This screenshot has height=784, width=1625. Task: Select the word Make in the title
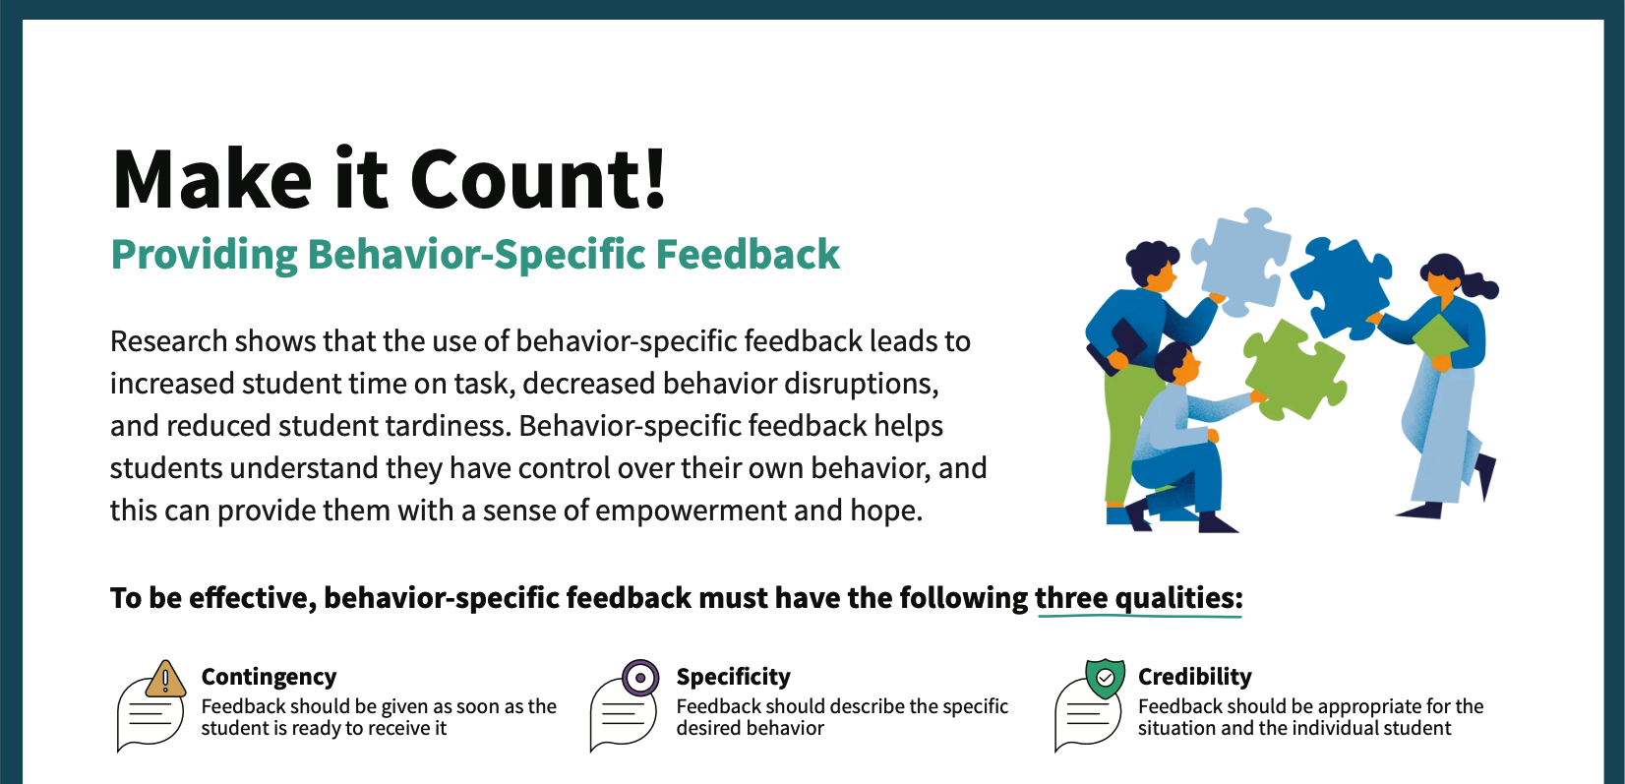point(212,179)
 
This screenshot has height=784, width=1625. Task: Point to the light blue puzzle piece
point(1239,261)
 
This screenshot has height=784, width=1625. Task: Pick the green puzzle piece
point(1294,370)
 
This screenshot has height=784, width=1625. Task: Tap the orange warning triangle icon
point(165,679)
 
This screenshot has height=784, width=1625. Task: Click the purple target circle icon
point(640,678)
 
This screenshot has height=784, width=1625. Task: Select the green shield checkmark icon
point(1105,678)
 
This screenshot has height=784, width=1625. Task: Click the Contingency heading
point(270,677)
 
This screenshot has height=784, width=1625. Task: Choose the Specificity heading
point(734,677)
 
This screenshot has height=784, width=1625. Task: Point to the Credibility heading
point(1195,677)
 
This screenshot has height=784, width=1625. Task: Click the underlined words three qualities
point(1139,599)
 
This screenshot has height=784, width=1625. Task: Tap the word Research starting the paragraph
point(169,341)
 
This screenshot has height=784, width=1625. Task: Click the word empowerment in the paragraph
point(690,512)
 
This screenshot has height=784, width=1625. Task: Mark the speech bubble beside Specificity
point(623,714)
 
